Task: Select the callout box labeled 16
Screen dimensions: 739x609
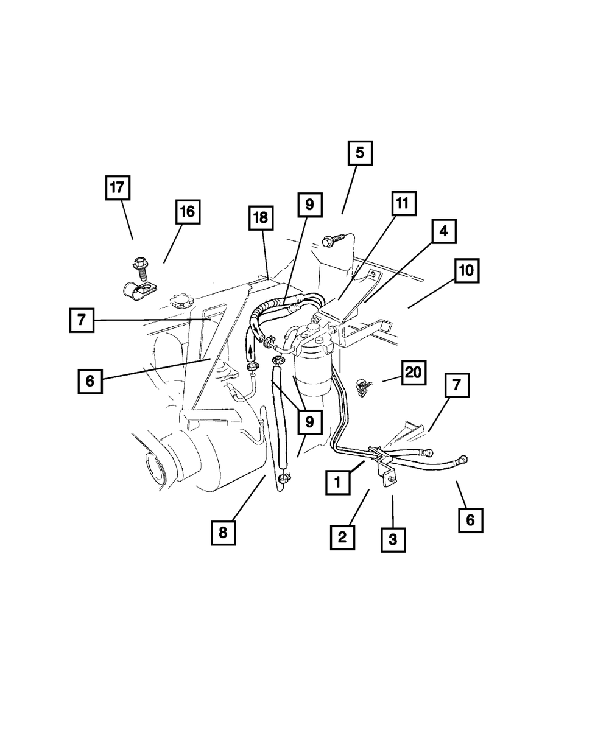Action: click(x=187, y=212)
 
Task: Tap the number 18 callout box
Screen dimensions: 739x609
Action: click(x=261, y=218)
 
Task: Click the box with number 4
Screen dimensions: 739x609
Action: click(x=444, y=231)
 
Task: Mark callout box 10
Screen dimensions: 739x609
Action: click(x=466, y=270)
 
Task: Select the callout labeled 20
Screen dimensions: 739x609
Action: click(x=414, y=373)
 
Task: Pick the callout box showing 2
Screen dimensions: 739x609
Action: click(x=342, y=537)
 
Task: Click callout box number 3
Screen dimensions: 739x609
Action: click(x=393, y=539)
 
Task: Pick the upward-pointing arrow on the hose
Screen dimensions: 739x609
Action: click(x=250, y=352)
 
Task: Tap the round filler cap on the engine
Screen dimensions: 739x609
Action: click(x=181, y=301)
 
